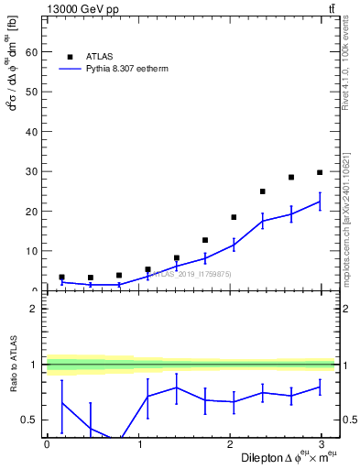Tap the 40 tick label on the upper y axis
[x=32, y=132]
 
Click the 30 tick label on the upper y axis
[x=32, y=171]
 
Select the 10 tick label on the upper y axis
[x=32, y=251]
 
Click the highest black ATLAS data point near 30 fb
[x=320, y=172]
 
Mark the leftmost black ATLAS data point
[x=61, y=277]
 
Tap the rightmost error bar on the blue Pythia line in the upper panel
[x=320, y=202]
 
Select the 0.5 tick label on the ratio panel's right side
[x=350, y=420]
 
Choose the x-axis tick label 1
[x=139, y=444]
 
